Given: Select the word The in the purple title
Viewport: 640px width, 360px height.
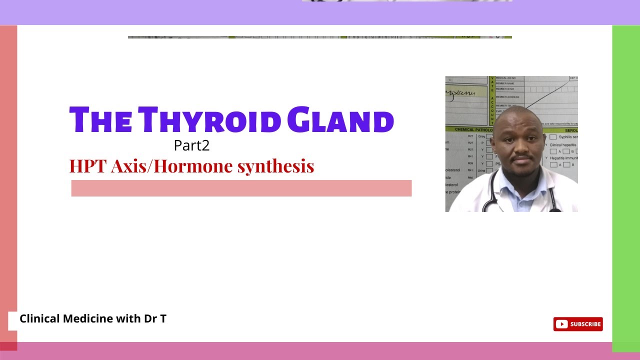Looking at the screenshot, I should point(100,120).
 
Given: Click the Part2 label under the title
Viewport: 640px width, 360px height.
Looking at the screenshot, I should point(191,145).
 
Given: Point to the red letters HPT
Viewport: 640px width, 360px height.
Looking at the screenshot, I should point(88,166).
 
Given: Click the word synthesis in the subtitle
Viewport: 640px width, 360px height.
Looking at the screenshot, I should point(275,166).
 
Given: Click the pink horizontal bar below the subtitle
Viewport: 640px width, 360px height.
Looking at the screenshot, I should point(241,188).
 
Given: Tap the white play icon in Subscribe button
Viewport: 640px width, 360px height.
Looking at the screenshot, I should point(561,324).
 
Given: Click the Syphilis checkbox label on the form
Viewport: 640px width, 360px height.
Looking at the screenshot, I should point(568,137).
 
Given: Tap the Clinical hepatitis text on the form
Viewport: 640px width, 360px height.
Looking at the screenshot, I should point(563,145).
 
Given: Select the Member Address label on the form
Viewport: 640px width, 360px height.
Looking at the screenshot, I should point(507,97).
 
